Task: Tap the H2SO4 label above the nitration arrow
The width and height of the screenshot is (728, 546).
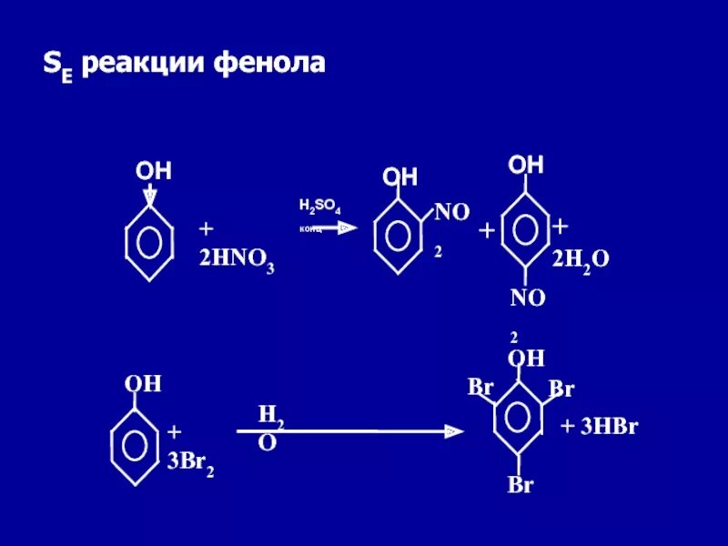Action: click(x=319, y=207)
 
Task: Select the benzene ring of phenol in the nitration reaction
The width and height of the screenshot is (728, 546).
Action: click(x=148, y=241)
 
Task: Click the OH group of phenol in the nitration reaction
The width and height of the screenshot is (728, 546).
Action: click(x=154, y=171)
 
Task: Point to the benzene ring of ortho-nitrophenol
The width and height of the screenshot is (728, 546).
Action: click(x=399, y=233)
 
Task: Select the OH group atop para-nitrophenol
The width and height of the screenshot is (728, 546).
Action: click(x=526, y=166)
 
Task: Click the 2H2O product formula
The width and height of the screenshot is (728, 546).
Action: click(x=581, y=260)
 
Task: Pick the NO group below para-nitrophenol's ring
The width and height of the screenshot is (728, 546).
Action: click(x=527, y=298)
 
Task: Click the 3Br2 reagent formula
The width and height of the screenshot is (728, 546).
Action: click(x=190, y=460)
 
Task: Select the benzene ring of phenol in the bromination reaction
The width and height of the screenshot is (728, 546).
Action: click(x=135, y=444)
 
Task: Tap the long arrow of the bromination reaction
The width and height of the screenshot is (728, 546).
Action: click(x=355, y=431)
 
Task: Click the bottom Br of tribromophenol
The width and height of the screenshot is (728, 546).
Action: click(x=520, y=485)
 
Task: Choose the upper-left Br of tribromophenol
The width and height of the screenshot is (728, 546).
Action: click(x=480, y=387)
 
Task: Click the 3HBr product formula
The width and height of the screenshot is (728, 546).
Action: click(x=599, y=427)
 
